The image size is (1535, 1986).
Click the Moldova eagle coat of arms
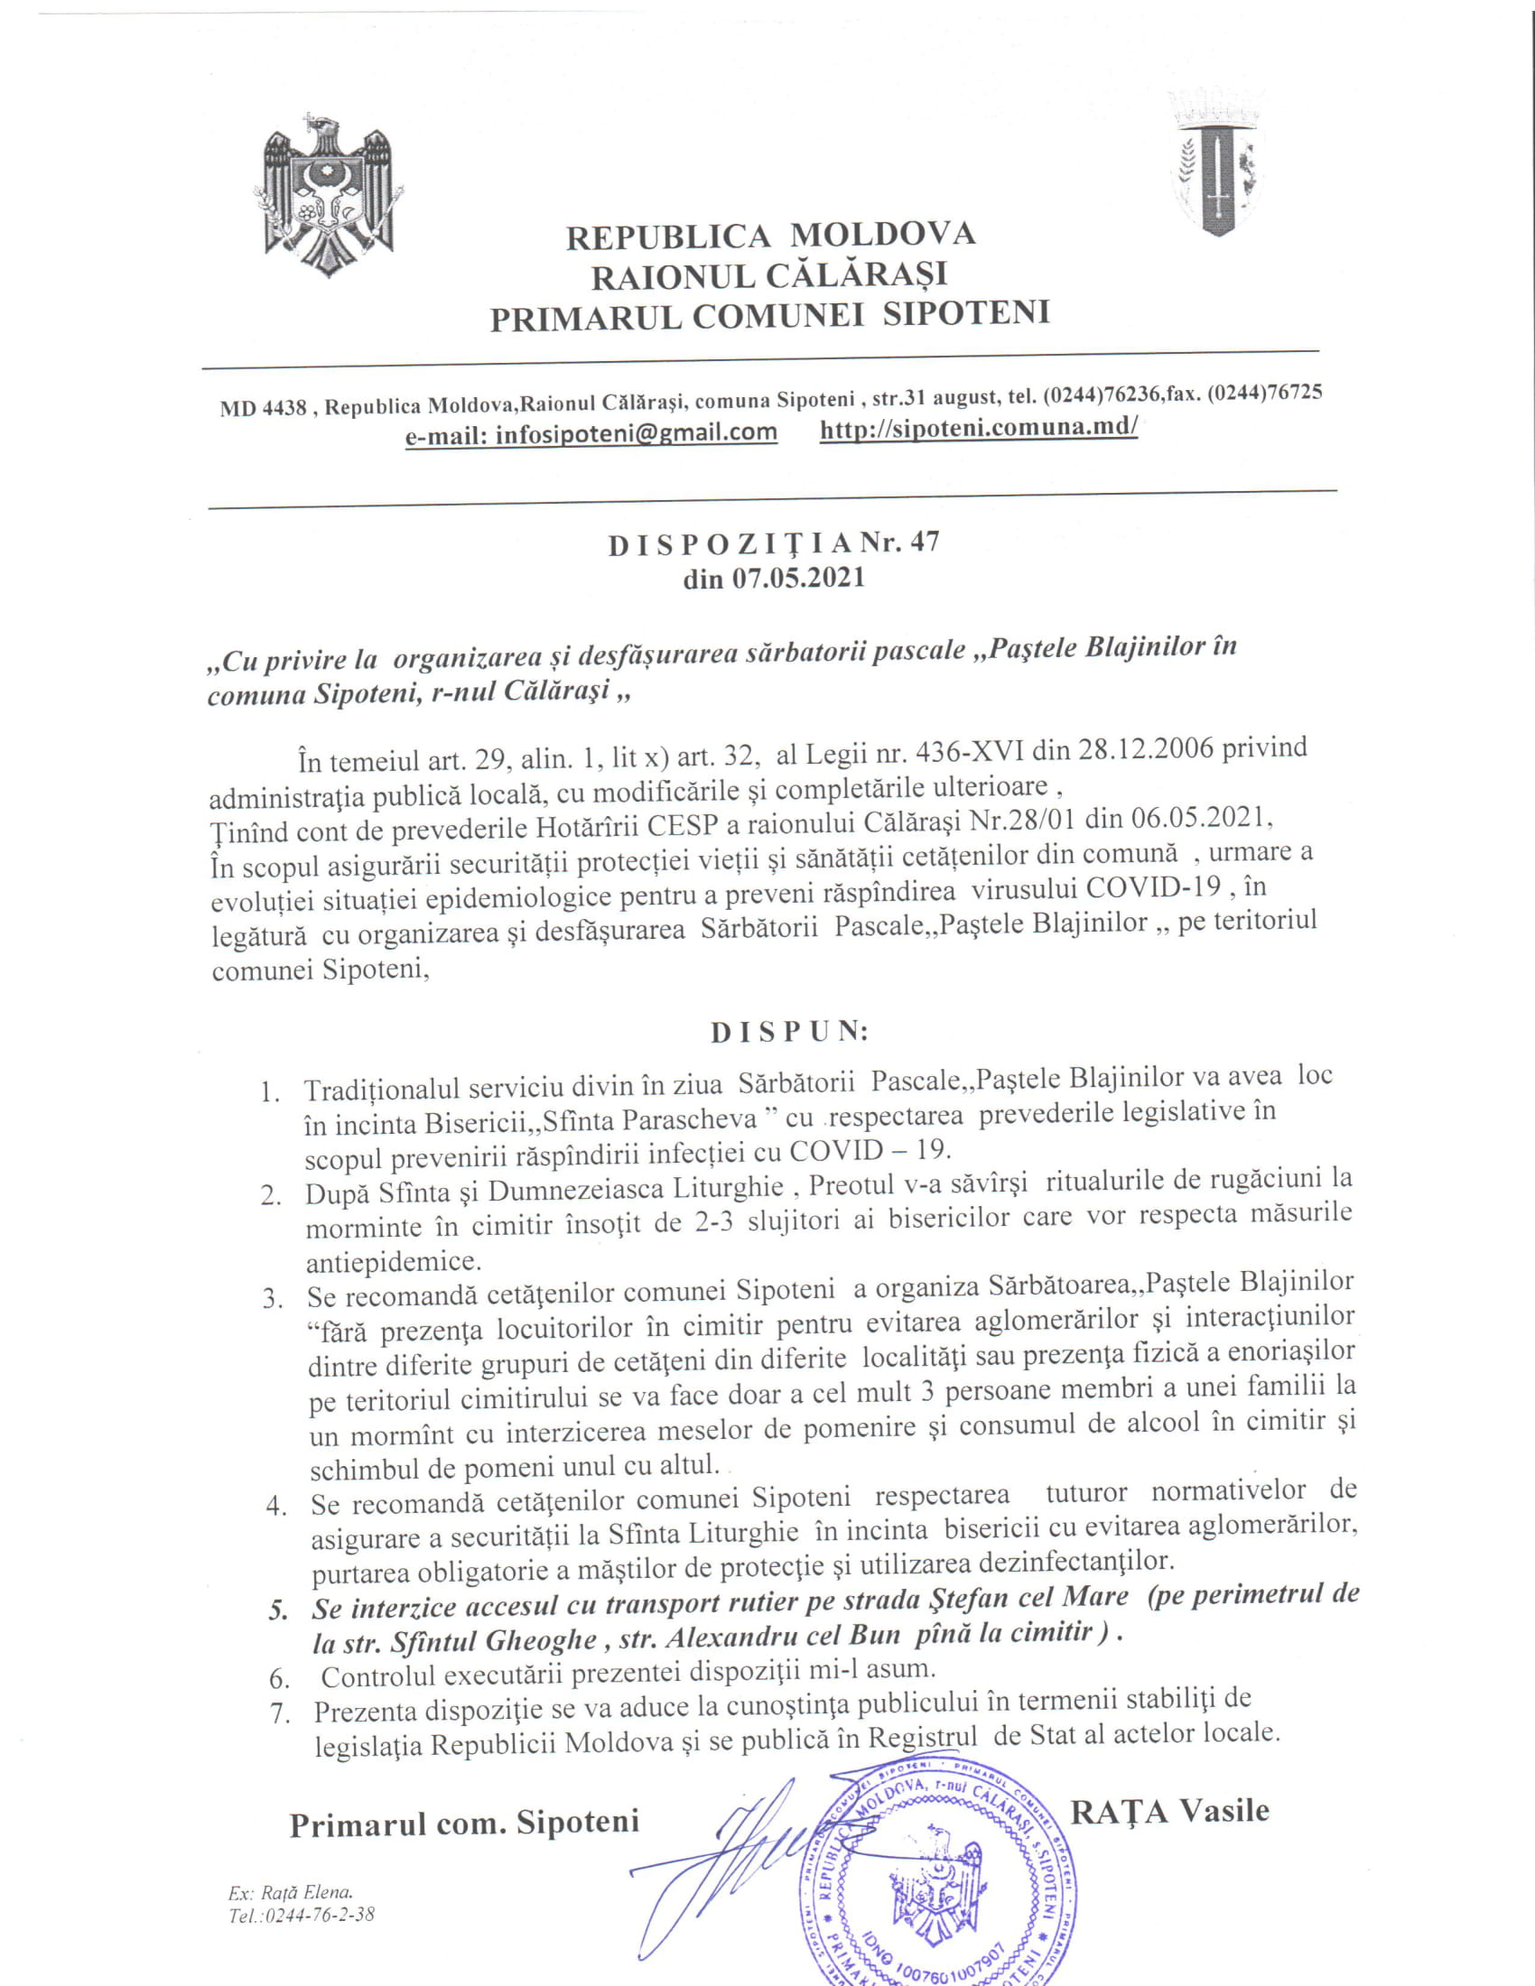329,194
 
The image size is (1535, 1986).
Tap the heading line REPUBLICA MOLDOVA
770,236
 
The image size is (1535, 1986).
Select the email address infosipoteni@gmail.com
636,432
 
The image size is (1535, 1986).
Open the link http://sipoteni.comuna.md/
979,427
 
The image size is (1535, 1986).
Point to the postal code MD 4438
263,408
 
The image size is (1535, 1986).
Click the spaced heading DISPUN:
789,1032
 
